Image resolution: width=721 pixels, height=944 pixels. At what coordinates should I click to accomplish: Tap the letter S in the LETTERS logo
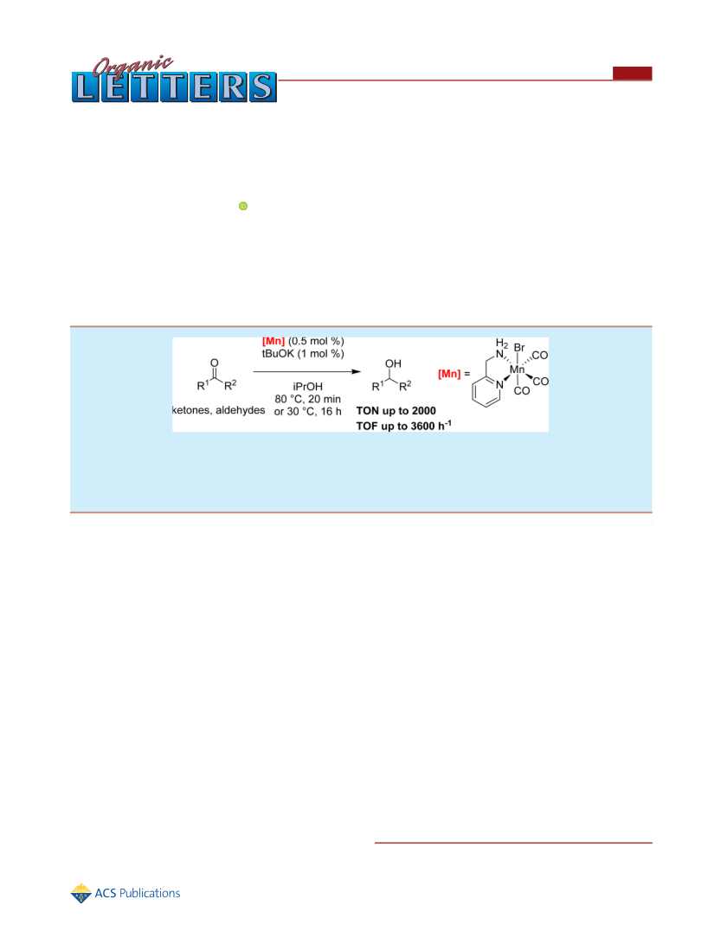tap(262, 87)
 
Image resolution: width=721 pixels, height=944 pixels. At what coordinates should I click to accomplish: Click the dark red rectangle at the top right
tap(632, 73)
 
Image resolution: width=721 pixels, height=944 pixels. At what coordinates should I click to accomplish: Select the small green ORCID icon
tap(243, 206)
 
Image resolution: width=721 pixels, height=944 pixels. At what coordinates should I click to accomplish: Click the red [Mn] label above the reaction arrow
tap(274, 342)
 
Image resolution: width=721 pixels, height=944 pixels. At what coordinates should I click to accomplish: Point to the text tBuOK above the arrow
tap(278, 354)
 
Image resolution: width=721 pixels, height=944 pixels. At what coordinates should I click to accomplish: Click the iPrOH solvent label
tap(308, 387)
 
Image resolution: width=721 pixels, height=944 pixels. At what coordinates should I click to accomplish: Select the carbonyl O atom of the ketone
tap(215, 363)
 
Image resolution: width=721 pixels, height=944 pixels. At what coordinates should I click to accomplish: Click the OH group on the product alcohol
tap(393, 363)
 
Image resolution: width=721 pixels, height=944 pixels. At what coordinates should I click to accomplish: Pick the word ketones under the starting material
tap(191, 410)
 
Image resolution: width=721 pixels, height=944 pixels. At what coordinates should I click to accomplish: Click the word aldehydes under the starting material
tap(241, 410)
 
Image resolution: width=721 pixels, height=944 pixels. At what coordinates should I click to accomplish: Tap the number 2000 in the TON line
tap(424, 411)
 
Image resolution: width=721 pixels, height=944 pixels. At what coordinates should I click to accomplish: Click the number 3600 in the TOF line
tap(423, 426)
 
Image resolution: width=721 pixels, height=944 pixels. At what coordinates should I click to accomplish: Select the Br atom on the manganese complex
tap(519, 348)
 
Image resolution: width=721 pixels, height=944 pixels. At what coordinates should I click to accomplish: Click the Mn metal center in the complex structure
tap(518, 369)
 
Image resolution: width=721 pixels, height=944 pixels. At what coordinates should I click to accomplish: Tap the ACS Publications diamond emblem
tap(80, 894)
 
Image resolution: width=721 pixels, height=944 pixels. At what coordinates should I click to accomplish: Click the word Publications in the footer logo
tap(150, 894)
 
